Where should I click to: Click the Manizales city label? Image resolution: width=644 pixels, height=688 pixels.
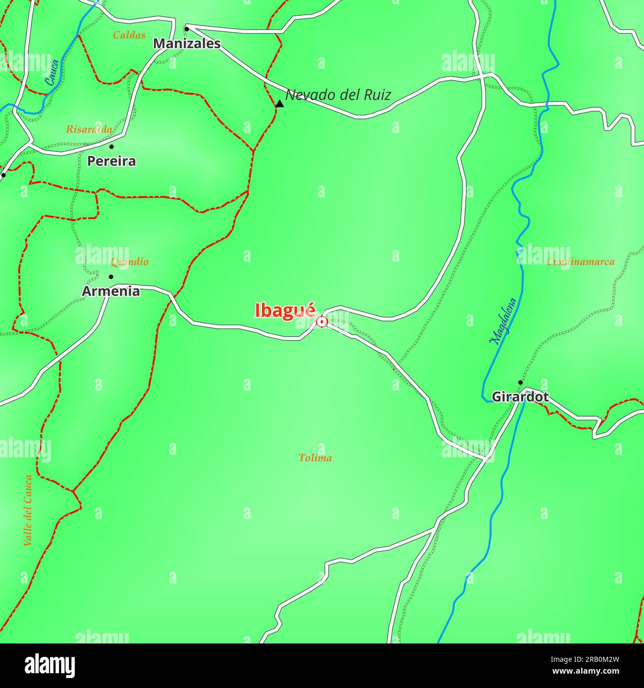(x=187, y=44)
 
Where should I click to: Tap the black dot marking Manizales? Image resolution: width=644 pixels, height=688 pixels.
(x=187, y=28)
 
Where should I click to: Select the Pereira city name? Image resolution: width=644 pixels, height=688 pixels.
(x=111, y=161)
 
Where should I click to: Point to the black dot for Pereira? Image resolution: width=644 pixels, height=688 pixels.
(x=111, y=147)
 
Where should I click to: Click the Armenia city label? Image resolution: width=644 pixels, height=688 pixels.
(x=111, y=292)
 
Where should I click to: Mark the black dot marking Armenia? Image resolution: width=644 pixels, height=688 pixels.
(x=111, y=277)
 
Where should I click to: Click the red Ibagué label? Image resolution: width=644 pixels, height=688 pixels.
(x=285, y=310)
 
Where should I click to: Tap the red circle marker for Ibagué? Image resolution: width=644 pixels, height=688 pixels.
(x=322, y=322)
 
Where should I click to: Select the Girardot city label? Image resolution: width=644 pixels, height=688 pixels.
(x=520, y=397)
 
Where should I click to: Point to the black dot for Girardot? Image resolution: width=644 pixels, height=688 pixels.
(x=520, y=382)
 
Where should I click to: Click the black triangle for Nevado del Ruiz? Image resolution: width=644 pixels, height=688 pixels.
(x=279, y=103)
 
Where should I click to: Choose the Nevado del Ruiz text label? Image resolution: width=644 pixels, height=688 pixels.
(x=338, y=95)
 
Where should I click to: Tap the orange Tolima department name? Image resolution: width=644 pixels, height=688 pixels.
(x=316, y=458)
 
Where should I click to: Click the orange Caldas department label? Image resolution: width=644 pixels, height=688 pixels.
(x=129, y=35)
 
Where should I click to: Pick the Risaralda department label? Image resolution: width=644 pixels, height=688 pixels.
(x=89, y=130)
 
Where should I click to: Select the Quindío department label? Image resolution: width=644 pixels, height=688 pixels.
(x=129, y=262)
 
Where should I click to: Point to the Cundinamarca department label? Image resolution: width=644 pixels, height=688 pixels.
(x=580, y=262)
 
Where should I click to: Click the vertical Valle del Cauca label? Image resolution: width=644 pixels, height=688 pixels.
(x=28, y=510)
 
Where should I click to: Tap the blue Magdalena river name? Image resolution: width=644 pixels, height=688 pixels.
(x=503, y=321)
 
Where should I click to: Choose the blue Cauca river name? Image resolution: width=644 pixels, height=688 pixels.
(x=52, y=72)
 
